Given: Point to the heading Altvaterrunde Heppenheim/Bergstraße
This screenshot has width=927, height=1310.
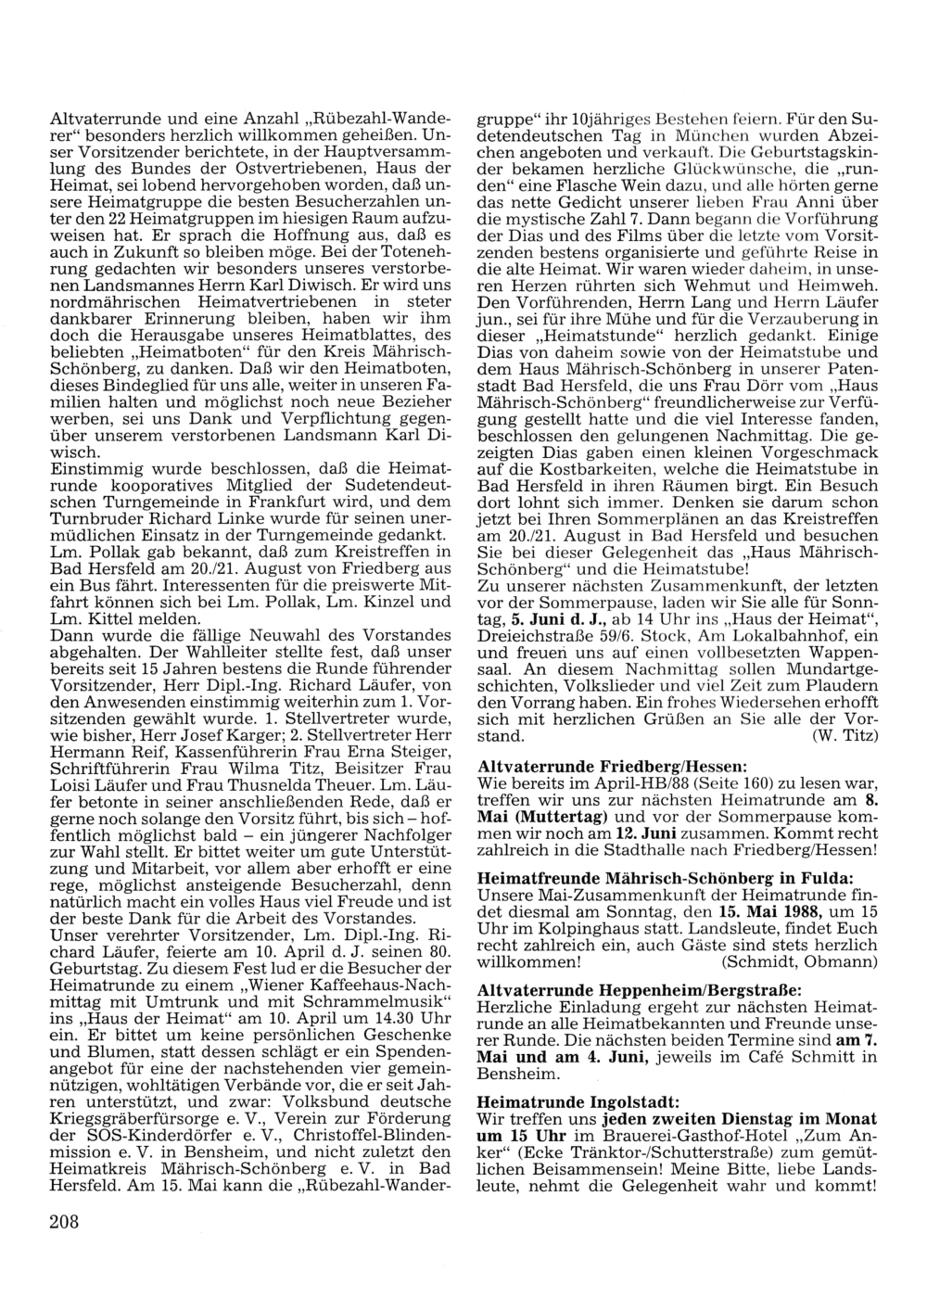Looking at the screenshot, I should tap(639, 989).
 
